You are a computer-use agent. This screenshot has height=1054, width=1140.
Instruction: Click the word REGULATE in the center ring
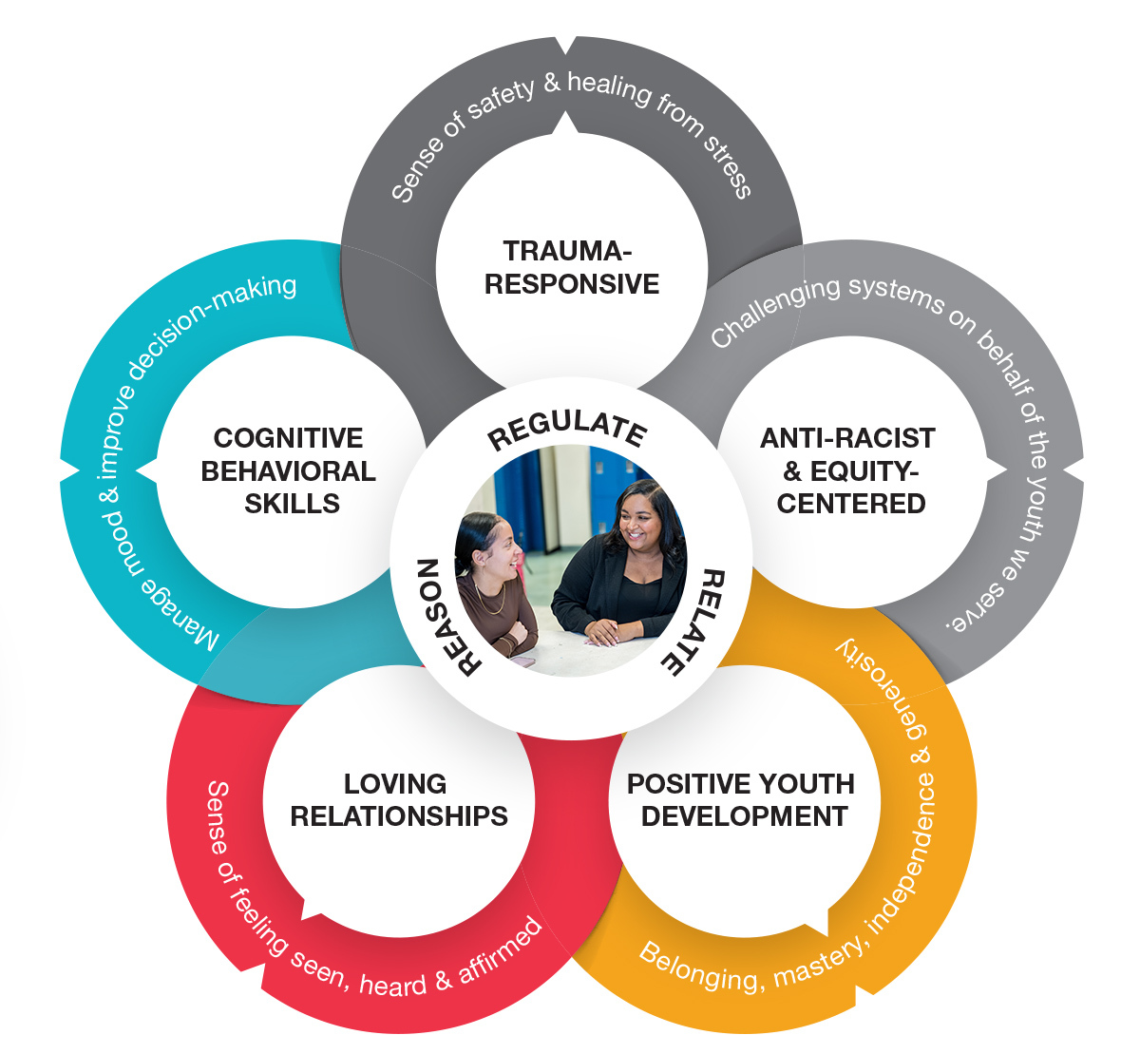click(x=568, y=431)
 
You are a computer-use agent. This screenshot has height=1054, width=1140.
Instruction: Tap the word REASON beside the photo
click(x=443, y=616)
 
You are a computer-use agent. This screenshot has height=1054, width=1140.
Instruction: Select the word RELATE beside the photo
click(x=695, y=622)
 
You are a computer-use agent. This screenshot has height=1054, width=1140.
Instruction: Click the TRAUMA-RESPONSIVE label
click(x=571, y=267)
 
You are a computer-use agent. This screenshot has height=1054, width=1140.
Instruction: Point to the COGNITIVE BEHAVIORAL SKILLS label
click(x=289, y=470)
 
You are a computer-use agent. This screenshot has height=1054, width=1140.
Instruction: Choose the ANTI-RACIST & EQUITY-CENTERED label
click(x=848, y=470)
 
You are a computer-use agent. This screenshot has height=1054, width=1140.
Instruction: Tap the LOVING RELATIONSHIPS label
click(x=398, y=799)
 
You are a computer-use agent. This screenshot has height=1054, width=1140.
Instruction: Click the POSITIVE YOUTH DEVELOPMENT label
click(x=742, y=799)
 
